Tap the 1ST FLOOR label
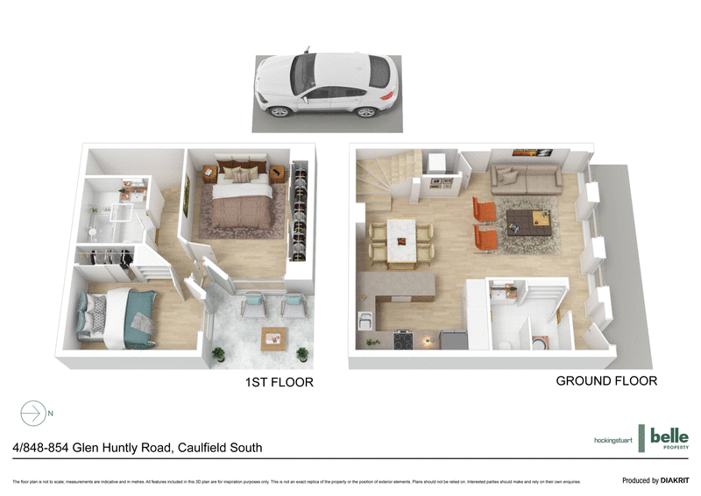tap(278, 382)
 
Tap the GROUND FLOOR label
tap(606, 381)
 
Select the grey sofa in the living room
tap(526, 180)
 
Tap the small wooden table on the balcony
tap(273, 337)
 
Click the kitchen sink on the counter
tap(365, 319)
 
